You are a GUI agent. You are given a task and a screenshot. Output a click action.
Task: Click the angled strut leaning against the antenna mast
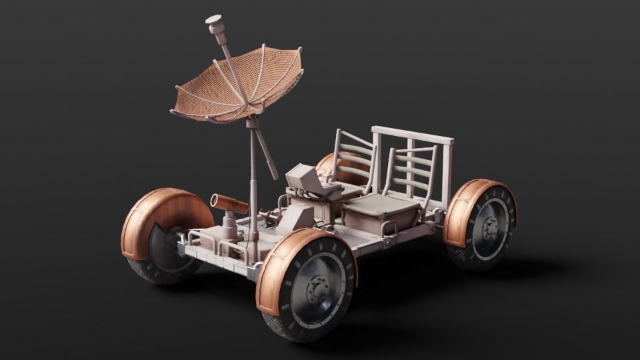point(267,153)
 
